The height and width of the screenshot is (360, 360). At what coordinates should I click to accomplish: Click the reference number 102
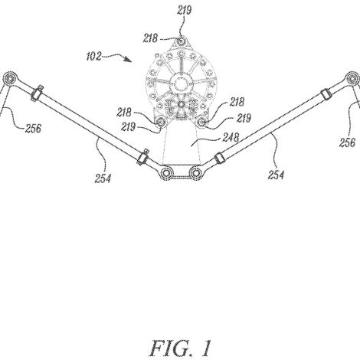(x=94, y=56)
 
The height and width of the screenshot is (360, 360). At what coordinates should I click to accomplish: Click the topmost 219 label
(x=184, y=11)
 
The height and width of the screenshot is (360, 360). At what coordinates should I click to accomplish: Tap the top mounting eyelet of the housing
(x=182, y=41)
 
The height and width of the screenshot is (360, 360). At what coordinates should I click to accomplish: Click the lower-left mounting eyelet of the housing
(x=161, y=123)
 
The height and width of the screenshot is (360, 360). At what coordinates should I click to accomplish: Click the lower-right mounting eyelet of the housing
(x=202, y=123)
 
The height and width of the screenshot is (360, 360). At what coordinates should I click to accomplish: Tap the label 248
(x=231, y=138)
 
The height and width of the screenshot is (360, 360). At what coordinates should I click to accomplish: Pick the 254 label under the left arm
(x=103, y=178)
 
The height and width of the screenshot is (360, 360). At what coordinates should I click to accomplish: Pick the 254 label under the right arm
(x=276, y=175)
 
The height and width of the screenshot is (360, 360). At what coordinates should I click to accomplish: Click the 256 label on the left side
(x=33, y=128)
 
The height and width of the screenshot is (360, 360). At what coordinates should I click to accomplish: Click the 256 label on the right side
(x=347, y=142)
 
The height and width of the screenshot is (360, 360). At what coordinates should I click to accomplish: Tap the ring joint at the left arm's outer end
(x=10, y=78)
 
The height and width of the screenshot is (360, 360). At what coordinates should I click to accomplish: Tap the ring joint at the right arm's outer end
(x=352, y=78)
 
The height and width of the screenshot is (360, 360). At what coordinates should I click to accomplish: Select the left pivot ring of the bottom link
(x=166, y=173)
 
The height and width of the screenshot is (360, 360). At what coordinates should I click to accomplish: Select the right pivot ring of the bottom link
(x=195, y=173)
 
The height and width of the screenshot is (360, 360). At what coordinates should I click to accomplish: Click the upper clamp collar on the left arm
(x=37, y=93)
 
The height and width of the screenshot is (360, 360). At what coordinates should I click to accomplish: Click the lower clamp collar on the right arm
(x=219, y=158)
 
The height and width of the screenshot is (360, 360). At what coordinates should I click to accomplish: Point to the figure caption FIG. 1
(x=180, y=349)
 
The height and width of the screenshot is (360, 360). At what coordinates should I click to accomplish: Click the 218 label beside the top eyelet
(x=150, y=38)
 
